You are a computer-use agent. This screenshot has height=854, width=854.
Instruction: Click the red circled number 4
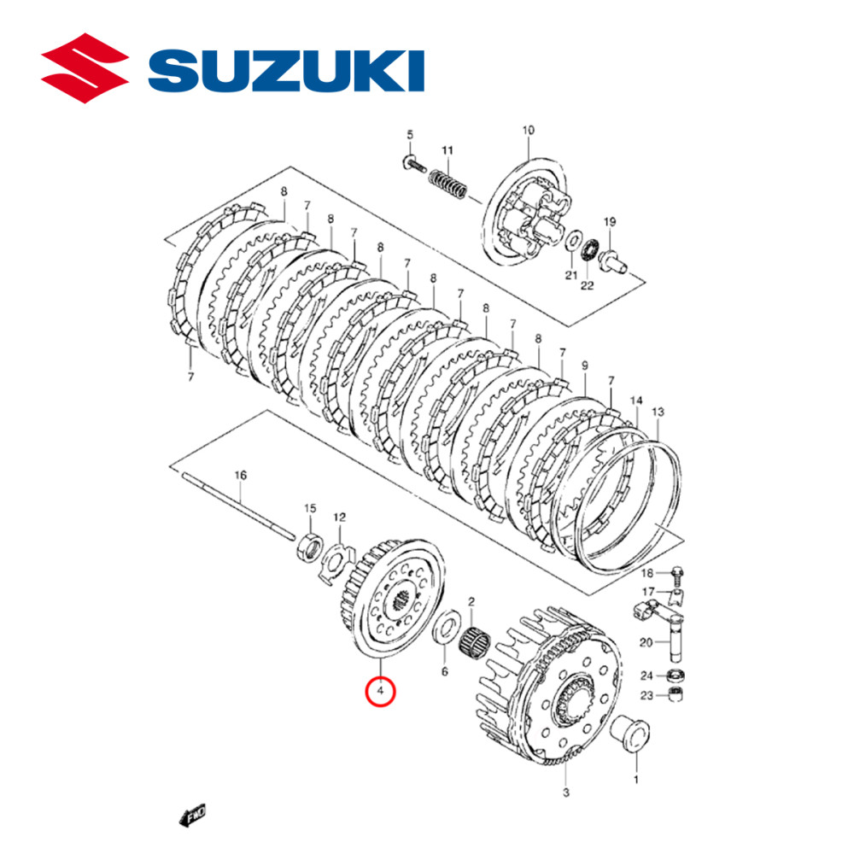point(380,690)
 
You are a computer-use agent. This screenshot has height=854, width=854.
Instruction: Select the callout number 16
point(240,475)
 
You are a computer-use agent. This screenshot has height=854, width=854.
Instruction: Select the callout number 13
point(658,412)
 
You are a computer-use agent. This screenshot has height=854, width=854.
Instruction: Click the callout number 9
point(585,366)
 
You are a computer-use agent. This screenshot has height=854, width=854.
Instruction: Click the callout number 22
point(587,284)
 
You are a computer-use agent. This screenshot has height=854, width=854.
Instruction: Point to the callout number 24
point(647,675)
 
